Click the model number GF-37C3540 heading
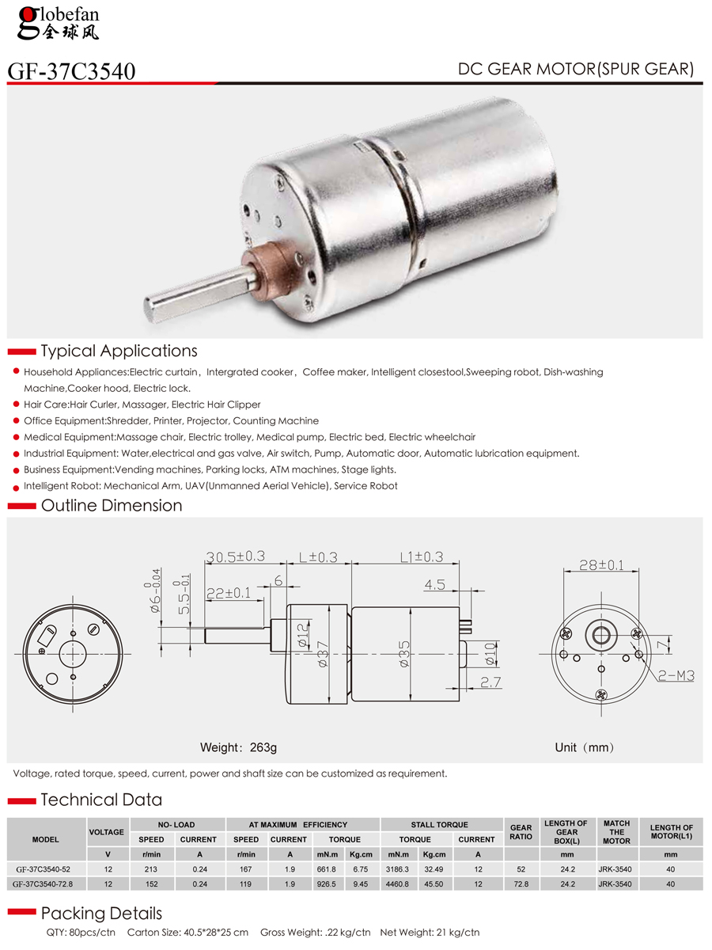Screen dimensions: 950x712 [x=71, y=71]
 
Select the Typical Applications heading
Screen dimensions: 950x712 [x=119, y=351]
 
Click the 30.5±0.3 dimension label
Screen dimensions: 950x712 [x=235, y=557]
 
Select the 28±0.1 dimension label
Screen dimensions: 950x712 [x=601, y=565]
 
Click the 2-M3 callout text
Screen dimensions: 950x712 [x=677, y=675]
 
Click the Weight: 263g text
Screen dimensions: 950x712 [x=239, y=747]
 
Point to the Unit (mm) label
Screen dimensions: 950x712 [x=584, y=747]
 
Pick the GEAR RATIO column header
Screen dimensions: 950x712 [x=521, y=832]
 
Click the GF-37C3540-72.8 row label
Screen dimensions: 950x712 [x=45, y=883]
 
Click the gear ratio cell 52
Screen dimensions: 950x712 [x=521, y=869]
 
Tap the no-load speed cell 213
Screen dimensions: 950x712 [x=152, y=869]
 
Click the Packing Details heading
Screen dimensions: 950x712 [x=101, y=913]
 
